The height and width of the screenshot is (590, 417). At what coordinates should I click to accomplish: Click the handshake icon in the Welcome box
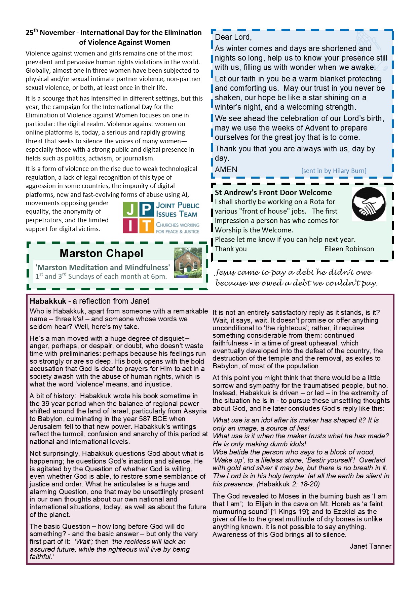pyautogui.click(x=369, y=204)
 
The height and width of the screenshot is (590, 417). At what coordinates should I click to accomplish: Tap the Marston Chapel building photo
pyautogui.click(x=188, y=263)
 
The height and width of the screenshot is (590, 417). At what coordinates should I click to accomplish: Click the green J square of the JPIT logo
pyautogui.click(x=130, y=209)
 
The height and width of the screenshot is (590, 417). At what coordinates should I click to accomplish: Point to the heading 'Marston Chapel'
pyautogui.click(x=101, y=253)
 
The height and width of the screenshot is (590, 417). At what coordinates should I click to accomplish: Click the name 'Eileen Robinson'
pyautogui.click(x=349, y=249)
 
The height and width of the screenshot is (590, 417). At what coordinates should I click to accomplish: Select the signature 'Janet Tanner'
pyautogui.click(x=370, y=546)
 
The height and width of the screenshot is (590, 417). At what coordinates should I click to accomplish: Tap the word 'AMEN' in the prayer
pyautogui.click(x=226, y=170)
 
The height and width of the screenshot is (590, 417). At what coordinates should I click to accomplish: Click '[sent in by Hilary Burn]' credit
pyautogui.click(x=334, y=171)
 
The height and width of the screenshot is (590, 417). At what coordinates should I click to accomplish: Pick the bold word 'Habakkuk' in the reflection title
pyautogui.click(x=48, y=301)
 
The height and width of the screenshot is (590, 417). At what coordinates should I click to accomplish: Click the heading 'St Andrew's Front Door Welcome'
pyautogui.click(x=273, y=192)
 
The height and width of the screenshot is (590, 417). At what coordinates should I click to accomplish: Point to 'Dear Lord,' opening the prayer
pyautogui.click(x=233, y=37)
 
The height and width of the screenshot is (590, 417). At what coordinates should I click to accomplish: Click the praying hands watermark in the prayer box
pyautogui.click(x=369, y=47)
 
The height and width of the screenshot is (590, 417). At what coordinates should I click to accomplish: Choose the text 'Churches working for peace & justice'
pyautogui.click(x=178, y=228)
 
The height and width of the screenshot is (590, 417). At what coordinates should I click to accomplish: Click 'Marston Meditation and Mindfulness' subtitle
pyautogui.click(x=103, y=267)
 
